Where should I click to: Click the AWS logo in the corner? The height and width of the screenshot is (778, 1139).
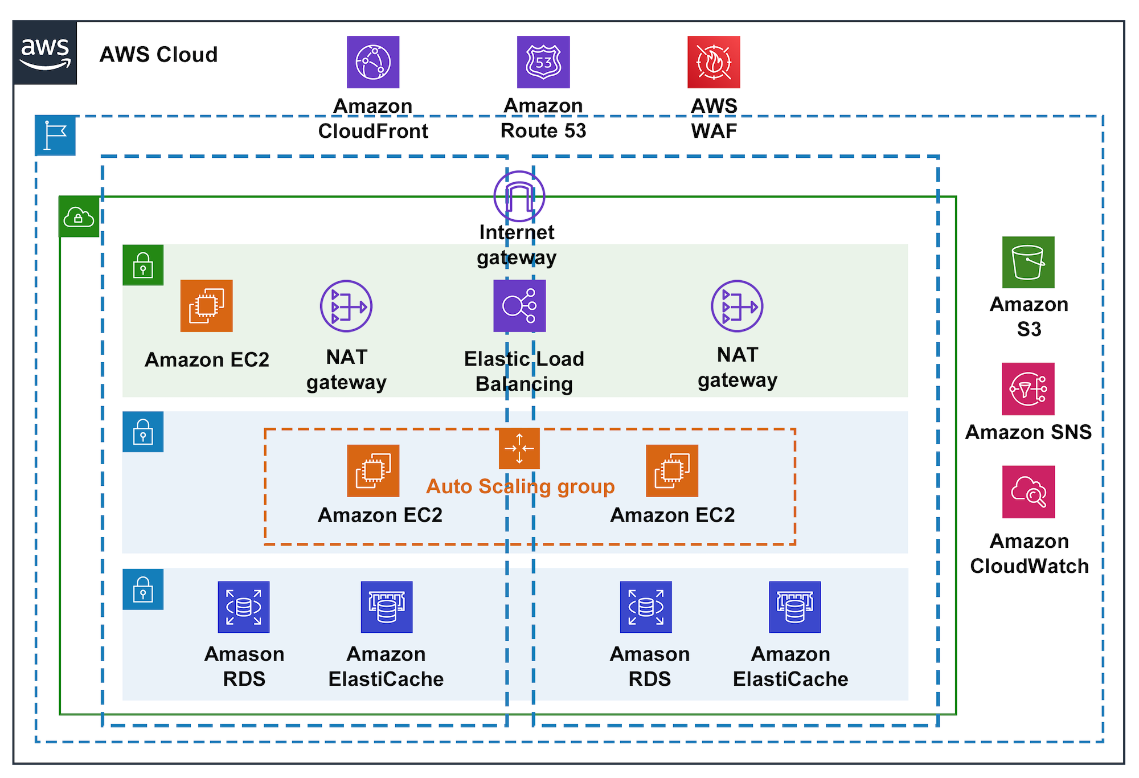coord(45,53)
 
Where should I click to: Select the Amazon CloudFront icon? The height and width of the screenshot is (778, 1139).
coord(373,62)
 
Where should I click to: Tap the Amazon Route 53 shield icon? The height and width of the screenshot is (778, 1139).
coord(543,62)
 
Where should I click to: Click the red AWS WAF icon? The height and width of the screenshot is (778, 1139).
coord(714,62)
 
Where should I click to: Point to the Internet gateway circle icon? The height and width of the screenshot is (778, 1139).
coord(519,196)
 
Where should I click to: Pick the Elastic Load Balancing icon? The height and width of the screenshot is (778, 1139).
coord(519,306)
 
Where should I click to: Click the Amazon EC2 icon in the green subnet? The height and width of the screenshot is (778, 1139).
coord(206,306)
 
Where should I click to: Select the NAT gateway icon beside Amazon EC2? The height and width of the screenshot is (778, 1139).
coord(346,306)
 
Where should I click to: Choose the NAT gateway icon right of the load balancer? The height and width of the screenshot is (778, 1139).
coord(737,306)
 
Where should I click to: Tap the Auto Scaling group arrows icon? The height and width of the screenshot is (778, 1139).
coord(519,448)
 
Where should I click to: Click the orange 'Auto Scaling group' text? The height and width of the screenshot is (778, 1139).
coord(521,486)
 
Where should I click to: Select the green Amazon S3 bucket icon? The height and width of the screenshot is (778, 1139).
coord(1029,262)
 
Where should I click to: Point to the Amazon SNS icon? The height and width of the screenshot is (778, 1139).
coord(1029,389)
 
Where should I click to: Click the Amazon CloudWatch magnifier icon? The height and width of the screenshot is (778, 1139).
coord(1029,492)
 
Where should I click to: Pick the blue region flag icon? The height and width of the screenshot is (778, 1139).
coord(55,136)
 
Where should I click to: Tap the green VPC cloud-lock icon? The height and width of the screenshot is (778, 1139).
coord(79,217)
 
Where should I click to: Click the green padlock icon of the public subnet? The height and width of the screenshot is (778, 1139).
coord(143,265)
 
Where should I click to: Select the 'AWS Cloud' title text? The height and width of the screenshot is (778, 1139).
coord(158,55)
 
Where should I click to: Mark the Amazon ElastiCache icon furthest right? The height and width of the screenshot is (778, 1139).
coord(794,607)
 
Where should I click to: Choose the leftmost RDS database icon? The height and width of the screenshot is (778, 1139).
coord(244,607)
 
